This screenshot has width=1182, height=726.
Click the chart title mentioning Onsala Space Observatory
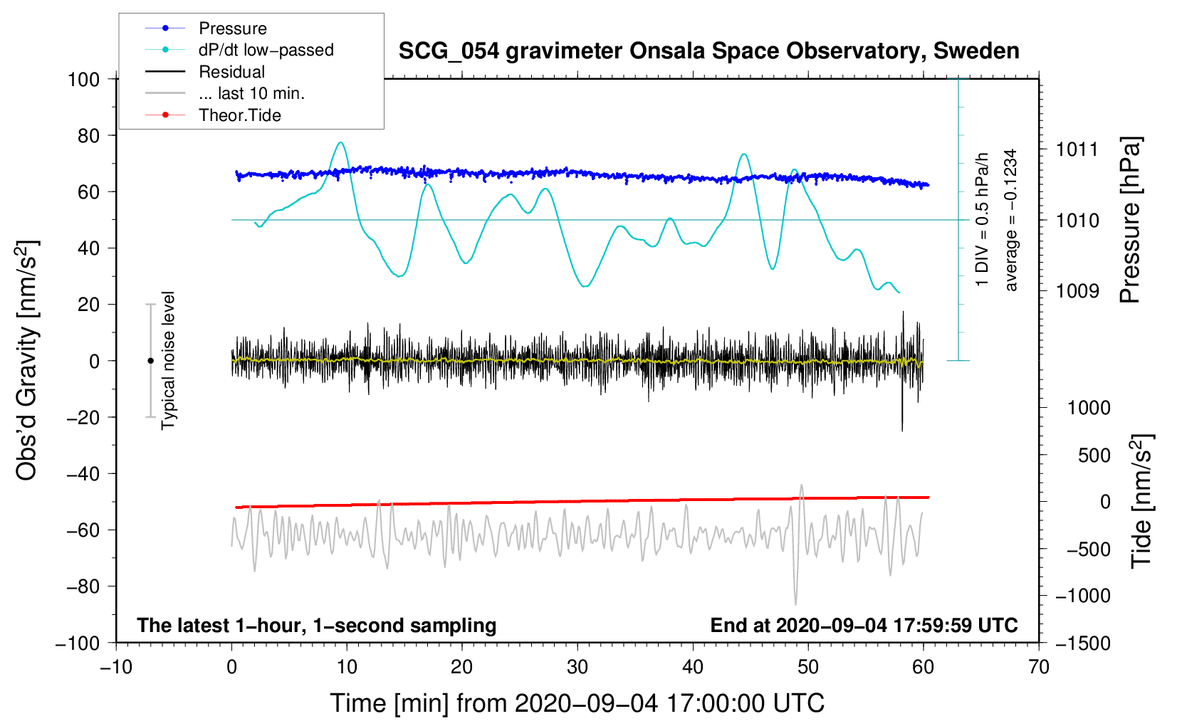tap(708, 51)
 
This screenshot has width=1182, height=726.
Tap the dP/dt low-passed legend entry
tap(240, 50)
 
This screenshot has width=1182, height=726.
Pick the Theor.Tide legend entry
tap(214, 115)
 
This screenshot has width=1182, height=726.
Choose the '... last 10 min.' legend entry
tap(225, 93)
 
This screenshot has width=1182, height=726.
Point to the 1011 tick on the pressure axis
tap(1077, 150)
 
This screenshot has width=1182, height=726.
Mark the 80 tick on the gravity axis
tap(88, 136)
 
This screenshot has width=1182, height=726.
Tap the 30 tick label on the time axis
tap(577, 668)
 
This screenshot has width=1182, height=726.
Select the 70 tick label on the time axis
tap(1038, 668)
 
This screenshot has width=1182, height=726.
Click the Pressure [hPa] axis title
tap(1130, 220)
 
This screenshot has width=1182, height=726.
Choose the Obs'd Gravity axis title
tap(26, 361)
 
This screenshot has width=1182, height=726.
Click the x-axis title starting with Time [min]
tap(577, 703)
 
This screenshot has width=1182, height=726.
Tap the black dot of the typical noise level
tap(150, 361)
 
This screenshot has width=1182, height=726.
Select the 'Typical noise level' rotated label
tap(168, 361)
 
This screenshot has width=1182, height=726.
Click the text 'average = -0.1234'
tap(1010, 220)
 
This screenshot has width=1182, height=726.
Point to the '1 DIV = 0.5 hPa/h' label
tap(981, 220)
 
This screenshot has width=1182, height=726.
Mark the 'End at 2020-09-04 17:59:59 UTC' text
tap(864, 625)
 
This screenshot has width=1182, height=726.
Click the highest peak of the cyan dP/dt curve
tap(341, 142)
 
